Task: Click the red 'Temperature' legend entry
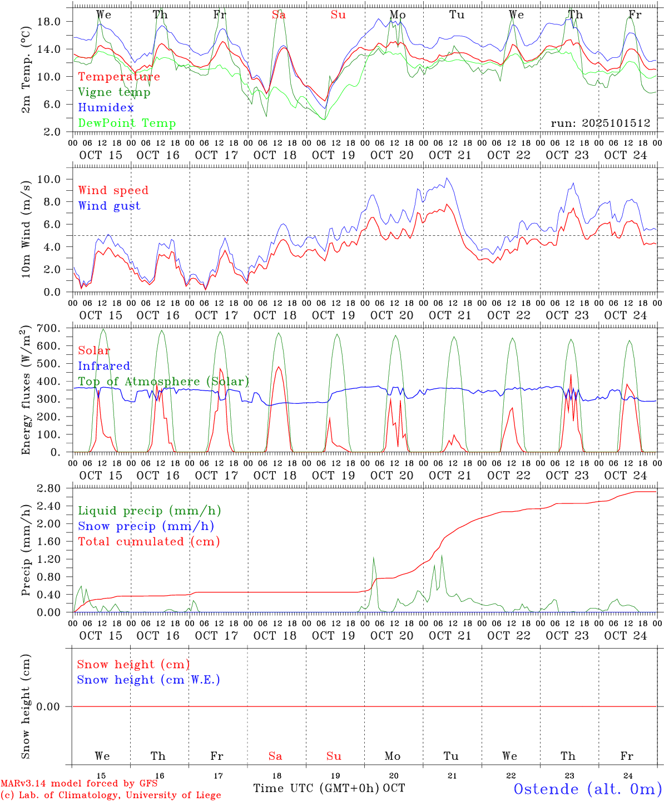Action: (119, 77)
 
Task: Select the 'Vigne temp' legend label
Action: (114, 92)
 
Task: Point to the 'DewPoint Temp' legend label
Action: (127, 123)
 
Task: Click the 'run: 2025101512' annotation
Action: (600, 123)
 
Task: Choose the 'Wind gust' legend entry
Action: (109, 206)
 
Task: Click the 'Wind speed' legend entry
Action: (113, 190)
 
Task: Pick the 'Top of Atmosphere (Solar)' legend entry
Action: (163, 382)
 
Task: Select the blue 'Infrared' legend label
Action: (104, 366)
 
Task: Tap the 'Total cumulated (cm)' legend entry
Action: (149, 541)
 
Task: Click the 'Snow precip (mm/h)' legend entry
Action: (146, 526)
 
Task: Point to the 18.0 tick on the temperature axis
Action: (48, 22)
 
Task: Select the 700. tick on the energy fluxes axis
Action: (49, 328)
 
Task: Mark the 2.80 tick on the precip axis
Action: (48, 488)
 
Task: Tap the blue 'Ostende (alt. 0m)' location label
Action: (587, 789)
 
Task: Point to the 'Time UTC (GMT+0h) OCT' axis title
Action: (329, 788)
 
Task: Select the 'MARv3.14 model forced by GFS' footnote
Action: (79, 784)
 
